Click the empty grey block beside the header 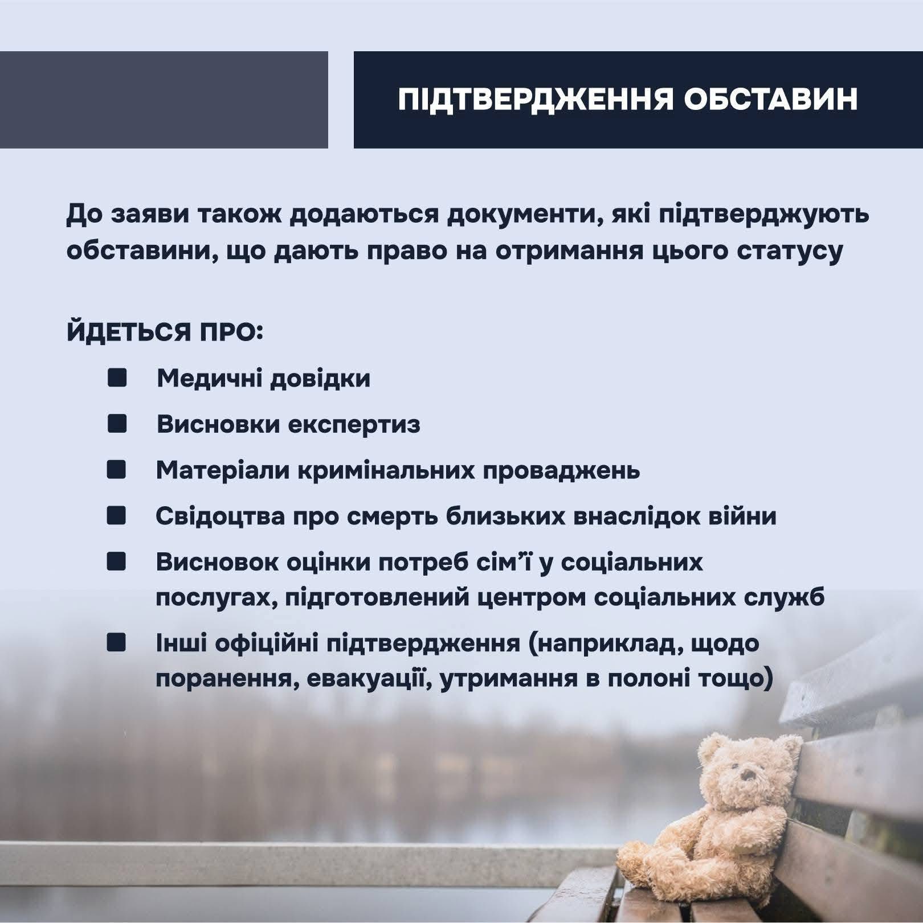tap(164, 100)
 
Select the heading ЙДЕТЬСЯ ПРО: tap(165, 331)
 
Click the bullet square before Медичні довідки tap(117, 378)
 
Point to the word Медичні tap(209, 379)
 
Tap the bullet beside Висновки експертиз tap(117, 424)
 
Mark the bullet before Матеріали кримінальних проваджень tap(117, 470)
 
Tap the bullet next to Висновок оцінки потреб tap(117, 562)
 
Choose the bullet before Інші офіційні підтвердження tap(117, 643)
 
